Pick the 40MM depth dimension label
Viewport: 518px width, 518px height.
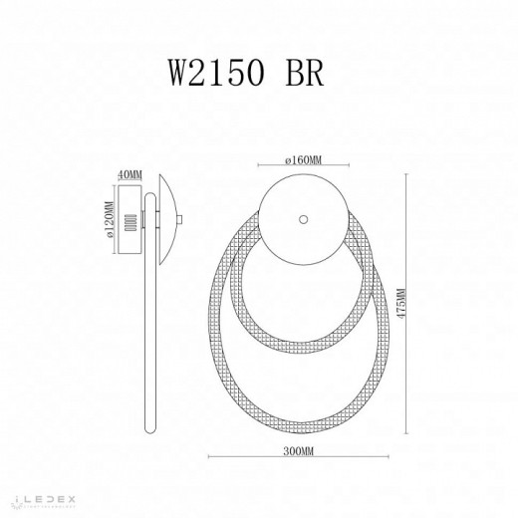[129, 174]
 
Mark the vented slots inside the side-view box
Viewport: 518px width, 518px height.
[129, 225]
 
